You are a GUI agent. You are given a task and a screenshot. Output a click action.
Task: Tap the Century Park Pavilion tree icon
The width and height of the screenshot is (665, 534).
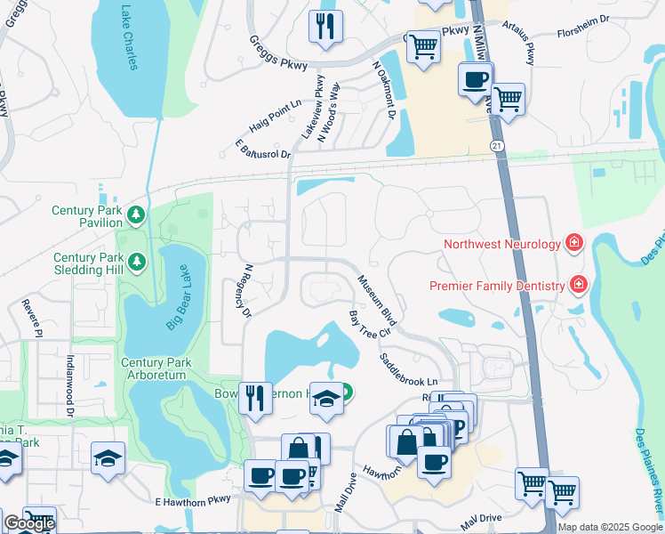(x=135, y=214)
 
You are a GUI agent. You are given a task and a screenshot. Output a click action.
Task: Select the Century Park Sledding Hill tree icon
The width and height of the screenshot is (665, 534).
(x=136, y=261)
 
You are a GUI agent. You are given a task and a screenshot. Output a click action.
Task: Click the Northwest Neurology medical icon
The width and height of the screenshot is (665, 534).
(x=574, y=242)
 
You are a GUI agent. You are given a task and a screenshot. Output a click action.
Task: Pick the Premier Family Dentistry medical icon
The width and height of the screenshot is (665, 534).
(x=579, y=285)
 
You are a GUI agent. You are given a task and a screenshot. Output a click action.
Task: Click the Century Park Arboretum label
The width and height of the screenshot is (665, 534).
(x=154, y=368)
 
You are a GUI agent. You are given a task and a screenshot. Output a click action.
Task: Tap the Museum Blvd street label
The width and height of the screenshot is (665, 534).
(x=375, y=299)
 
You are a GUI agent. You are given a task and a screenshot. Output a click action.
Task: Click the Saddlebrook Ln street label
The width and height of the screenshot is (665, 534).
(x=410, y=368)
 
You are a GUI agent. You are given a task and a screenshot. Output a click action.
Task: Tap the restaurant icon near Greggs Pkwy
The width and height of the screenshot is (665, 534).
(x=326, y=26)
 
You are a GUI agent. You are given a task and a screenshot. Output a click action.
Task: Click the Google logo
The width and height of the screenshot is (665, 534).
(x=29, y=523)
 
